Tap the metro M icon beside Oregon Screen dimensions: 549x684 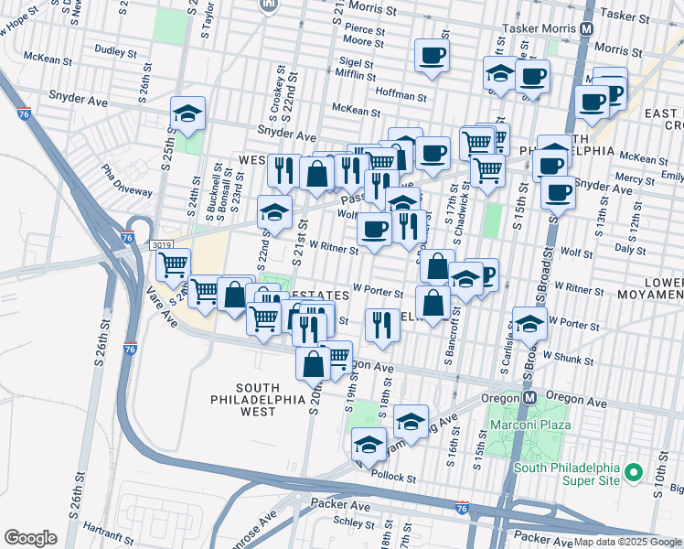529,399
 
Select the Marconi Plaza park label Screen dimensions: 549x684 529,425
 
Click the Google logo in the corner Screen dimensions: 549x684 30,538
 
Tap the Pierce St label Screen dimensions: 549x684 364,29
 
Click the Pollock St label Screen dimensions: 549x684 394,479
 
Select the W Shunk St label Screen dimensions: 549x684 567,358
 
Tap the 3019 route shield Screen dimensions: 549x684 162,245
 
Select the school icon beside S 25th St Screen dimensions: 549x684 187,114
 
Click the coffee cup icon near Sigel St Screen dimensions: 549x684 432,55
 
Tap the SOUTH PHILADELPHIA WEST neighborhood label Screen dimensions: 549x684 258,400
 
